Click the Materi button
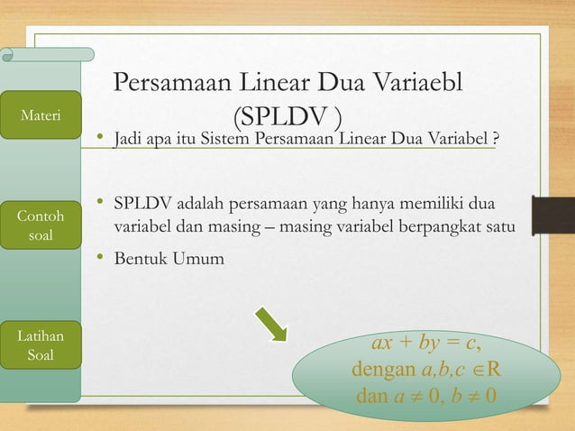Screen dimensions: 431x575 41,115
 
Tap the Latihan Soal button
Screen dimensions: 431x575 41,344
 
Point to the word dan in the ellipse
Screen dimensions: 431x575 372,396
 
